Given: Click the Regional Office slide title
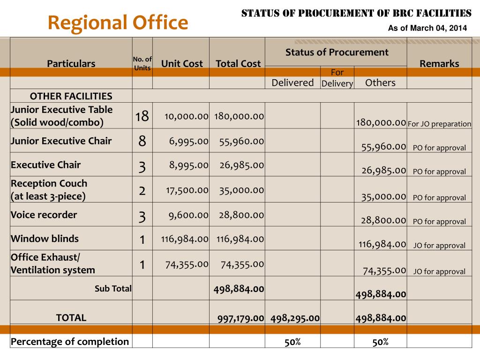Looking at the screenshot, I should pyautogui.click(x=118, y=22).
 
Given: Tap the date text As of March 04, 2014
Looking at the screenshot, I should pyautogui.click(x=427, y=28).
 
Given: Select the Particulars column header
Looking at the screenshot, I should pyautogui.click(x=71, y=64).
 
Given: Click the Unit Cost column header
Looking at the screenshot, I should pyautogui.click(x=182, y=64).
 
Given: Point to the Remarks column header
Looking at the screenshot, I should pyautogui.click(x=439, y=64).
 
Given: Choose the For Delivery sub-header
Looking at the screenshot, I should pyautogui.click(x=337, y=78).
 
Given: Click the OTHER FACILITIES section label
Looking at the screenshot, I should pyautogui.click(x=71, y=96).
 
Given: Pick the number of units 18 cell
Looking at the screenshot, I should pyautogui.click(x=142, y=116).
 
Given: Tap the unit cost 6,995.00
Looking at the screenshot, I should pyautogui.click(x=189, y=141).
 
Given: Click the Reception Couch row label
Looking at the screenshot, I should pyautogui.click(x=49, y=190).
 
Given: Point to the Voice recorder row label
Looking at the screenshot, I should pyautogui.click(x=44, y=215).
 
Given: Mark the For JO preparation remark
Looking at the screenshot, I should pyautogui.click(x=439, y=124).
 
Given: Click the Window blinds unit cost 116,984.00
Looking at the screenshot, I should pyautogui.click(x=185, y=239).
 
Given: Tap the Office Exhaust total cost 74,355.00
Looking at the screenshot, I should pyautogui.click(x=242, y=264).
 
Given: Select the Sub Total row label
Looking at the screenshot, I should pyautogui.click(x=113, y=289).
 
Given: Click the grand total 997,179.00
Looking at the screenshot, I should pyautogui.click(x=240, y=318).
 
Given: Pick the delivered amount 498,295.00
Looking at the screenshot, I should pyautogui.click(x=295, y=318).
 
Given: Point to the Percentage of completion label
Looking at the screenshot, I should pyautogui.click(x=70, y=341).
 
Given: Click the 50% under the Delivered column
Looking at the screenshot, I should pyautogui.click(x=292, y=342).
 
